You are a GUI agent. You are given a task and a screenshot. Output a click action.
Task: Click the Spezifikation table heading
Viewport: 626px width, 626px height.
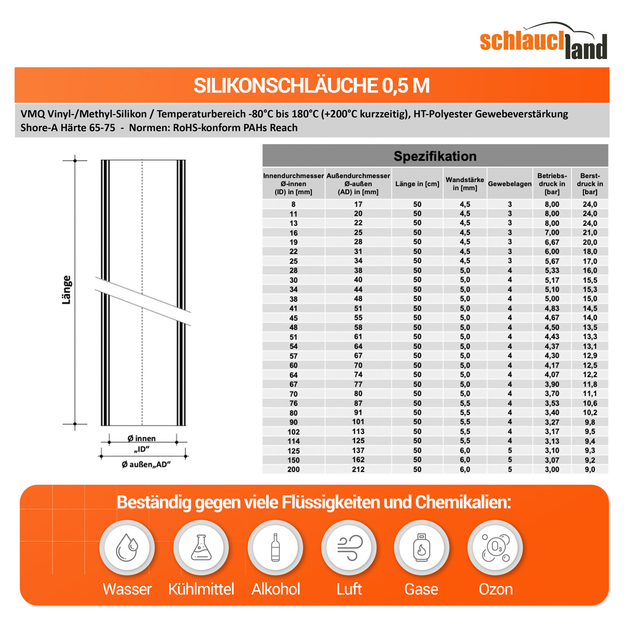[x=435, y=156]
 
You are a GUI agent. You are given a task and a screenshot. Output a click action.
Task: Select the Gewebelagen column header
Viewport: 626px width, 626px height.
[x=509, y=184]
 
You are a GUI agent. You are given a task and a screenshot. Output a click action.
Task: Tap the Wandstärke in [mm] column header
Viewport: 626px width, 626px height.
[x=465, y=184]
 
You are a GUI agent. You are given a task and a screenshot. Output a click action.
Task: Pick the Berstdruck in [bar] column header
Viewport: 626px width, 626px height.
[x=590, y=184]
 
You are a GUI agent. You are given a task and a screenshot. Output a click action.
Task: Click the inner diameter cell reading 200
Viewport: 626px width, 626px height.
[x=293, y=469]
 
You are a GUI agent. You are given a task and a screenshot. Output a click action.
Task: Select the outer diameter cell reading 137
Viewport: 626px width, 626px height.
[x=358, y=450]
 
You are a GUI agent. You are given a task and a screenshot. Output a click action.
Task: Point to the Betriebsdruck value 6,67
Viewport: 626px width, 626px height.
[x=552, y=242]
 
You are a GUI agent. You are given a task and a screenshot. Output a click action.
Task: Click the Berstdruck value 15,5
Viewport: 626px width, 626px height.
[x=590, y=280]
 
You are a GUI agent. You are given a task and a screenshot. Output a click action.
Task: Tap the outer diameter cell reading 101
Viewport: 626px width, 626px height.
[x=358, y=422]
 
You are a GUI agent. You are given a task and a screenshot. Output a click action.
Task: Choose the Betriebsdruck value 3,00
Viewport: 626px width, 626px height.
[x=552, y=469]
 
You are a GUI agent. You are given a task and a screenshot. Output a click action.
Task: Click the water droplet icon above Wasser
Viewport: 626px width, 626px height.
[x=127, y=547]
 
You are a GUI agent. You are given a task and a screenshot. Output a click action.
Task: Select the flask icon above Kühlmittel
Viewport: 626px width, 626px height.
[x=201, y=547]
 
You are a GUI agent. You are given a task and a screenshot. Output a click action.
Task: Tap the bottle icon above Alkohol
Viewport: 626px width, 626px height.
[x=275, y=547]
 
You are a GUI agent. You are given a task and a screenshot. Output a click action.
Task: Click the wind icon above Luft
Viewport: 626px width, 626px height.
[x=349, y=547]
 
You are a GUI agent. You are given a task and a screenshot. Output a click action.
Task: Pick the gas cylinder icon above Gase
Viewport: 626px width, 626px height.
[x=421, y=547]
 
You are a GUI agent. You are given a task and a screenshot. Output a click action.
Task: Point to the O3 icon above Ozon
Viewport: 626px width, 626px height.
[x=495, y=547]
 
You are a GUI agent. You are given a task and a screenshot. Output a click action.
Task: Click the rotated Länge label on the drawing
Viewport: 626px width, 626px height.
[x=67, y=290]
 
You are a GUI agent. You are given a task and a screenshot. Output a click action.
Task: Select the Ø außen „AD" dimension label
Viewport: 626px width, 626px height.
[x=146, y=464]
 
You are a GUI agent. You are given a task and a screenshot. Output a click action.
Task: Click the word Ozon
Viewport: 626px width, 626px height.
[x=495, y=589]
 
